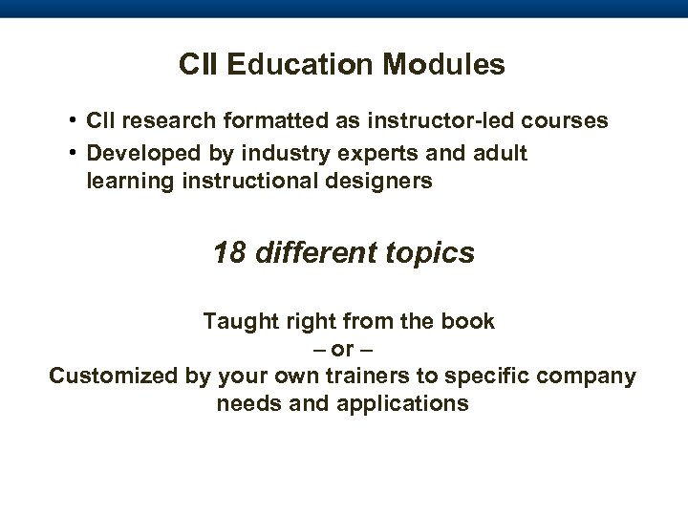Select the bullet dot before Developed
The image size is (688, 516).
pos(74,154)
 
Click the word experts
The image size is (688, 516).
pos(357,154)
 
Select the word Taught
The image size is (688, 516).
pos(237,321)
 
